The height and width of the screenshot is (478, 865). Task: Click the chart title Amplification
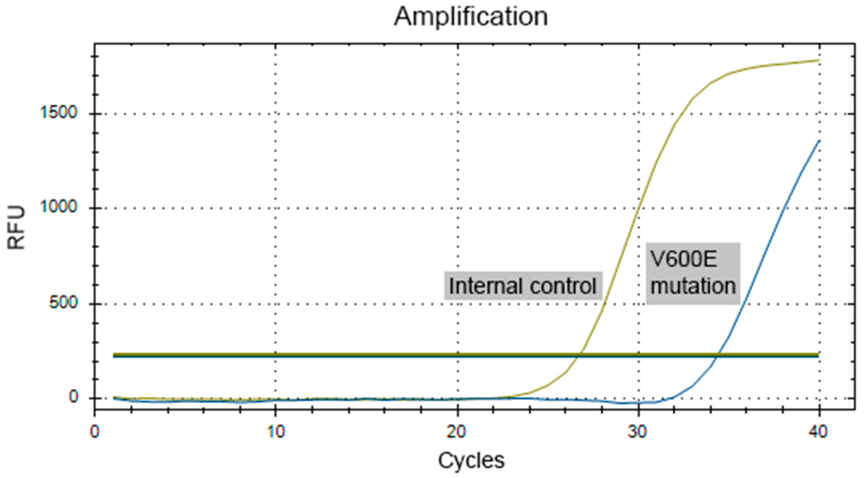coord(471,17)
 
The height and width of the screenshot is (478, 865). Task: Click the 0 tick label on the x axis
coord(95,432)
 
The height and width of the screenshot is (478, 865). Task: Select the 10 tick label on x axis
coord(276,432)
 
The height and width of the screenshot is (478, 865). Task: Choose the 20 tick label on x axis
coord(457,432)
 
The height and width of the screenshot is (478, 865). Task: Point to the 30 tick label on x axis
coord(638,432)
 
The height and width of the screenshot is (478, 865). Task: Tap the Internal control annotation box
coord(523,286)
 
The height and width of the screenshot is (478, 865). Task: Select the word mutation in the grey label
coord(693,286)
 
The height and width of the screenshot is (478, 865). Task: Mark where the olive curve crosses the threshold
coord(578,355)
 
